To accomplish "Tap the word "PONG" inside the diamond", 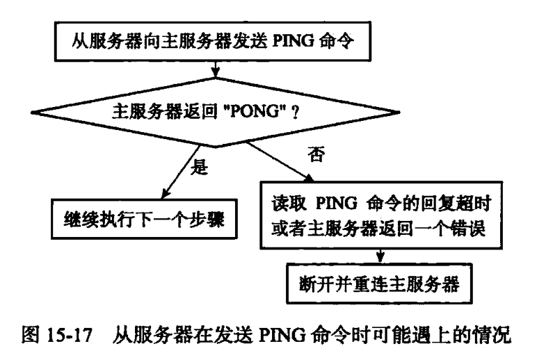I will (263, 109).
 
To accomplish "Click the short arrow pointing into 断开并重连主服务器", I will (378, 258).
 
